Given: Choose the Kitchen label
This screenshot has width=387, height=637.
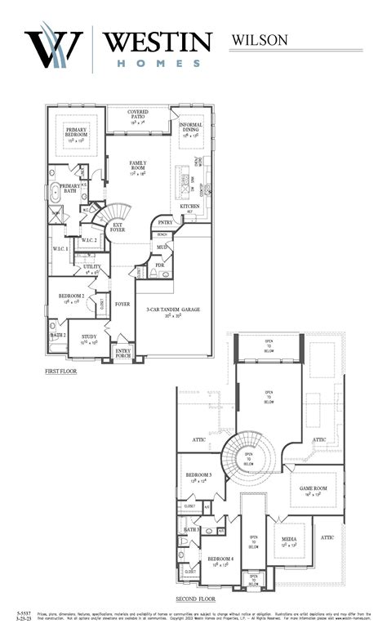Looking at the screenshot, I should (189, 206).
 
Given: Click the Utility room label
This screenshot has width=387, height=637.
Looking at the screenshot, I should (92, 268).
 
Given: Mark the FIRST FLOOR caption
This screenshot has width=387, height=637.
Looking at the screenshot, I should (64, 372).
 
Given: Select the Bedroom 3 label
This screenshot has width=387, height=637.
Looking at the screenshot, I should (198, 476).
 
